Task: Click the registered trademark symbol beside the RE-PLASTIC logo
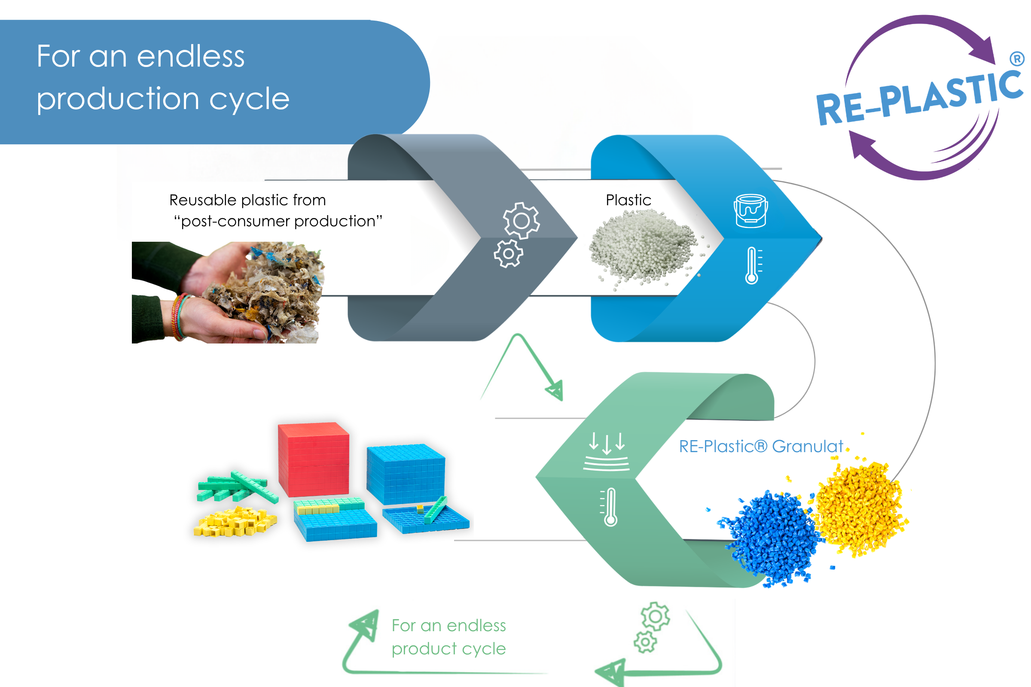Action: click(x=1016, y=59)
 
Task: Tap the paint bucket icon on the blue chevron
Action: click(x=750, y=211)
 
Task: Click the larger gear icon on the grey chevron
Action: click(x=521, y=220)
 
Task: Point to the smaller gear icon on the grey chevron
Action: click(x=509, y=254)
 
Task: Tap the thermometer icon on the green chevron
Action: click(x=609, y=507)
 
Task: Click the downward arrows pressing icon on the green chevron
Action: click(x=606, y=452)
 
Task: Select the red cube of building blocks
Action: click(x=314, y=459)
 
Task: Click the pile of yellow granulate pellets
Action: click(x=859, y=508)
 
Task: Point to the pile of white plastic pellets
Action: click(x=644, y=248)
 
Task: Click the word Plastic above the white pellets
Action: click(x=628, y=200)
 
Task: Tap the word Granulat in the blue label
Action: click(x=808, y=446)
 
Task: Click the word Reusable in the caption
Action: click(x=203, y=200)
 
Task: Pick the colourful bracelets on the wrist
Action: click(x=180, y=317)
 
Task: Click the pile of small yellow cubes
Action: click(x=235, y=521)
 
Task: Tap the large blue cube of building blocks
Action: click(x=406, y=474)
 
